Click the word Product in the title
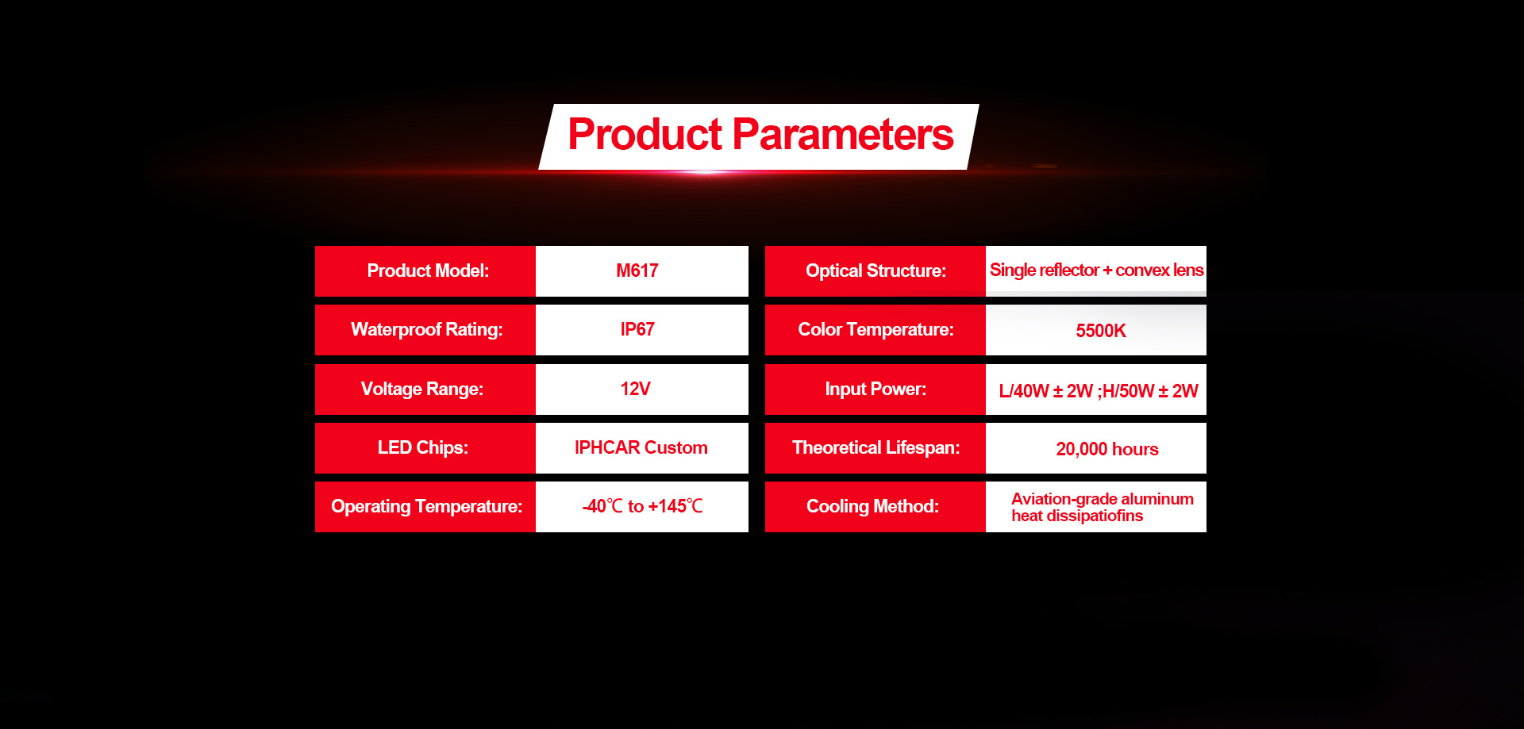(x=645, y=135)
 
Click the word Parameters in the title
(x=843, y=135)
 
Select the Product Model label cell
(x=425, y=271)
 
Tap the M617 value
(x=637, y=271)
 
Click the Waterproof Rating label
(x=427, y=330)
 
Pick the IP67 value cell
(x=642, y=330)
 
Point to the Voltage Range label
(x=422, y=389)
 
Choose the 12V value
(x=635, y=389)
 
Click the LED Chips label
(x=423, y=448)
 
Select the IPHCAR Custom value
(x=641, y=448)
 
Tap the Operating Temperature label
(x=427, y=507)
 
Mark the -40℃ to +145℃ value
(x=643, y=506)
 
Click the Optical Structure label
(x=876, y=271)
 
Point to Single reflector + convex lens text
(x=1096, y=270)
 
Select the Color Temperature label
(x=876, y=330)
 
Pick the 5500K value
(x=1101, y=331)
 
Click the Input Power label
(x=876, y=389)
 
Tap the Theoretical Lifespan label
(x=876, y=448)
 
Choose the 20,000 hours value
(x=1107, y=450)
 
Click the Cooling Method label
(x=873, y=507)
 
